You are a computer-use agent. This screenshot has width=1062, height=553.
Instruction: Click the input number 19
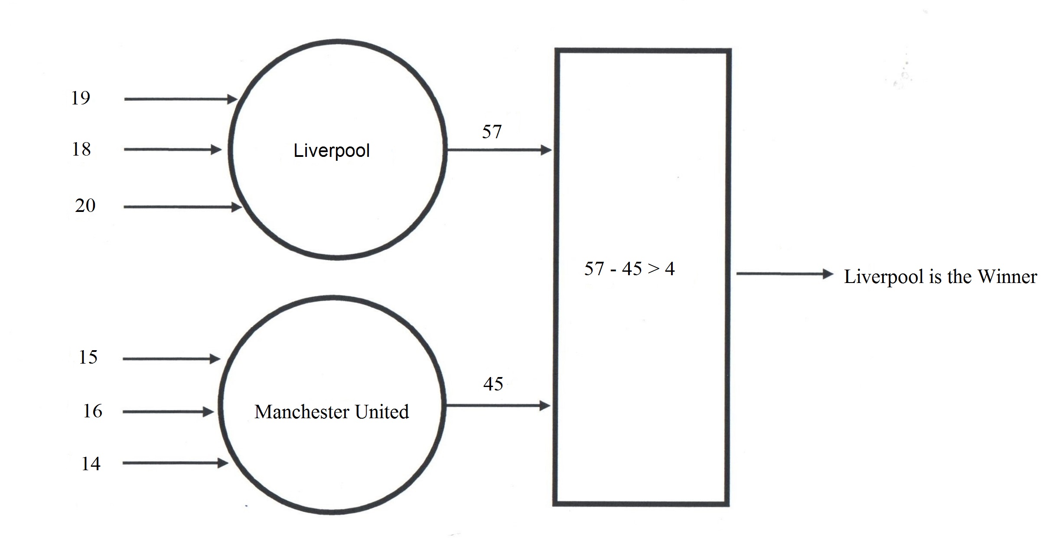[x=81, y=98]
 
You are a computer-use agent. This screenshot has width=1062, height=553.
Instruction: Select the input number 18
[x=81, y=149]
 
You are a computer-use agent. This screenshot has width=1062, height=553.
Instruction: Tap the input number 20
[x=85, y=205]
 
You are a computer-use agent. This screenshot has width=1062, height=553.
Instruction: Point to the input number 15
[x=88, y=357]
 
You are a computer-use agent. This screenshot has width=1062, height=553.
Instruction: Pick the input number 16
[x=92, y=411]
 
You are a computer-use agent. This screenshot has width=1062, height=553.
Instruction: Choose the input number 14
[x=91, y=464]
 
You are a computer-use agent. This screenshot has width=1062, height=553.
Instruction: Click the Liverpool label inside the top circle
[x=332, y=151]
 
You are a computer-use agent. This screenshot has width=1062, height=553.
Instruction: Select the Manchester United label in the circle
[x=332, y=412]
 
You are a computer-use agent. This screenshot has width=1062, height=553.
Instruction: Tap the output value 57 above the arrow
[x=492, y=131]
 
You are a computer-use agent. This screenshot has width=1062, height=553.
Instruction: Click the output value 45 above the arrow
[x=493, y=384]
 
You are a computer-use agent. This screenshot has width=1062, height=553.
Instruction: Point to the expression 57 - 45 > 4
[x=629, y=269]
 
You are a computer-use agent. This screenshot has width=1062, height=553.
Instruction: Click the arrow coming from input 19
[x=180, y=99]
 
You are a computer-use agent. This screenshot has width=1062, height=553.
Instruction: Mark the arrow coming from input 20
[x=182, y=207]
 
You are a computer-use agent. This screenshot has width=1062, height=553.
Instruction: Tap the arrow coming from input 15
[x=171, y=359]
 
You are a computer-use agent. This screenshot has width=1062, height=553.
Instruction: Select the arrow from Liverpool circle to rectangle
[x=498, y=150]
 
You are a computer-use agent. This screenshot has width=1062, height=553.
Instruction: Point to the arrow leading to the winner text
[x=785, y=274]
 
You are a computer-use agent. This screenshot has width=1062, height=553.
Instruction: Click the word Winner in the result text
[x=1007, y=276]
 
